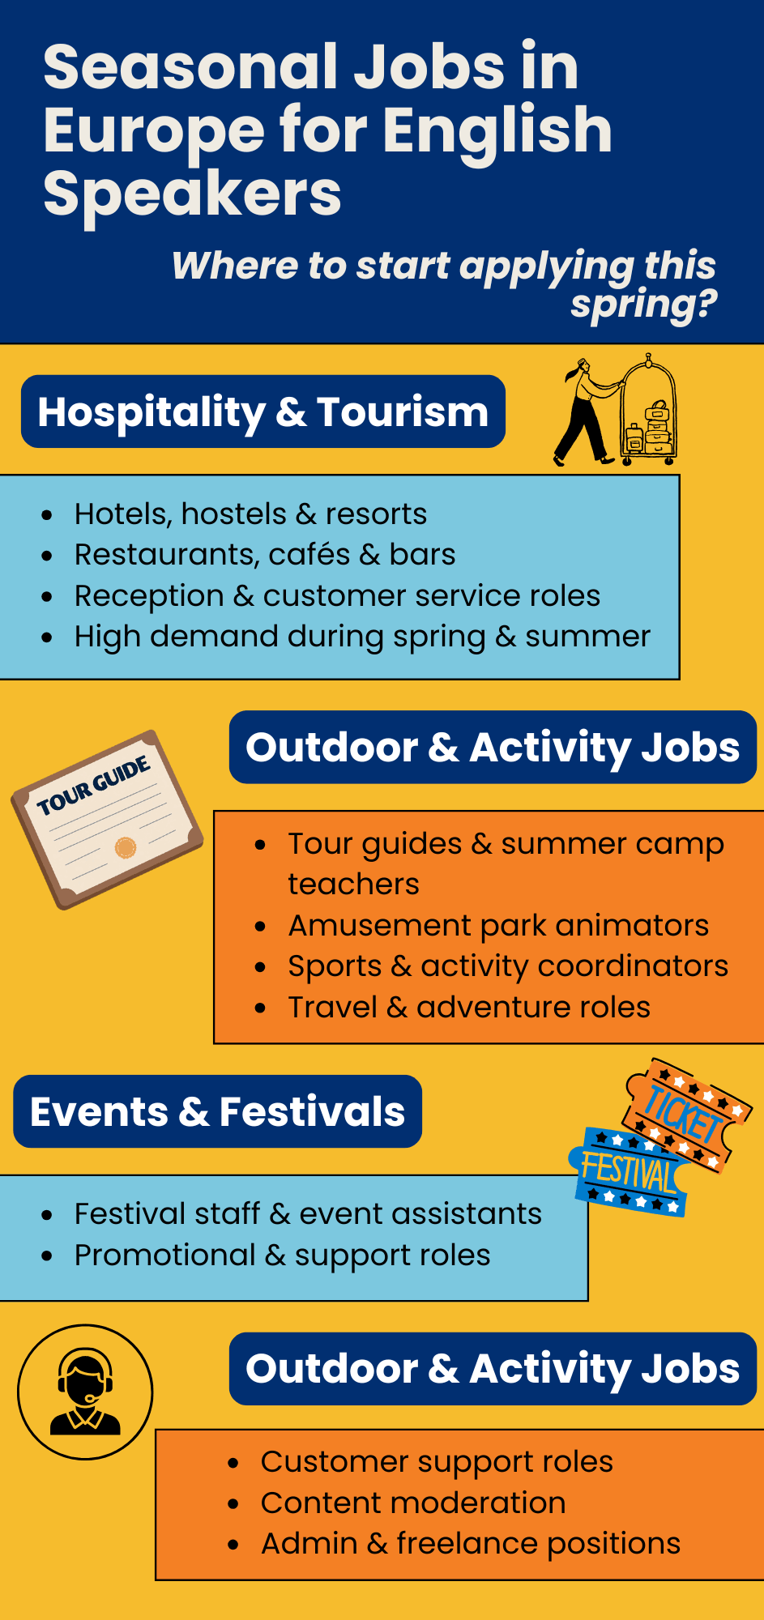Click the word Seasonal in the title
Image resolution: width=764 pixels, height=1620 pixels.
tap(190, 67)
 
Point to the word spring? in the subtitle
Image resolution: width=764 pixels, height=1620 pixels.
tap(644, 305)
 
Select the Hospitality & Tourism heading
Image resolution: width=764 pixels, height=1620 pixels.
tap(263, 411)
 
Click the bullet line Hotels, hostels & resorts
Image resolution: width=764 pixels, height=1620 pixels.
tap(250, 514)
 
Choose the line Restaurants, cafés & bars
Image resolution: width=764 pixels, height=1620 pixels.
tap(265, 555)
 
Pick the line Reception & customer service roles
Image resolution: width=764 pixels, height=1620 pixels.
tap(337, 596)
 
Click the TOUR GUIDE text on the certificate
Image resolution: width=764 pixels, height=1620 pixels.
tap(94, 785)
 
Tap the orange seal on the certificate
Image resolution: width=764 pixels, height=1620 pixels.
tap(125, 847)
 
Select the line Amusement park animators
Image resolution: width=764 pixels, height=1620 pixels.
tap(498, 925)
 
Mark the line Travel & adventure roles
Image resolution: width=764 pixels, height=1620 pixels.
tap(469, 1007)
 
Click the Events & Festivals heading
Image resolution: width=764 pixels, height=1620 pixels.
tap(217, 1111)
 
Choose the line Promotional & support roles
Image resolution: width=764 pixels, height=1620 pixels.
tap(282, 1255)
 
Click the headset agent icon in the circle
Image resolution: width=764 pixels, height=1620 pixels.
tap(85, 1392)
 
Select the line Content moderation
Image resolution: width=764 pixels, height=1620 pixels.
tap(413, 1503)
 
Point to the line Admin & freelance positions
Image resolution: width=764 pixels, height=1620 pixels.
tap(471, 1544)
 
